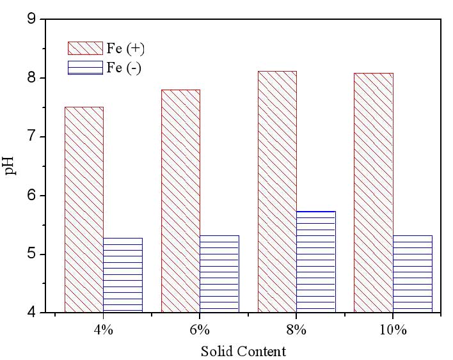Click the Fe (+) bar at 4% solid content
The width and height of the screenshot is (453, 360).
click(84, 210)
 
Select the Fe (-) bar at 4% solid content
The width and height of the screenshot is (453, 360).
click(123, 275)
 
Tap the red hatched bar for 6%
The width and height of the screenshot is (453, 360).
click(180, 201)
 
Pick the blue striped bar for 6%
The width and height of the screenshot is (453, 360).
click(219, 274)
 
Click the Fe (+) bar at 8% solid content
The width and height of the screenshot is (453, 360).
click(277, 192)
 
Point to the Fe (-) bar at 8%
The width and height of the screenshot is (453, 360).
click(316, 262)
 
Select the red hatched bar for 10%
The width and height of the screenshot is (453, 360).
click(374, 192)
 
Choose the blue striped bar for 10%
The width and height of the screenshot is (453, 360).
click(413, 274)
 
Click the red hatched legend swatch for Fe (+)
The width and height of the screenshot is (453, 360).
click(85, 48)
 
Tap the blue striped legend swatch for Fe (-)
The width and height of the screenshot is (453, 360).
click(85, 68)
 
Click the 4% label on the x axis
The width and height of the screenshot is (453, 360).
click(104, 330)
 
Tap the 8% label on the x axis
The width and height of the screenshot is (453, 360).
click(296, 330)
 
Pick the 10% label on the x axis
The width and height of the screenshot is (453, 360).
click(393, 330)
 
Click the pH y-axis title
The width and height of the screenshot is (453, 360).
click(10, 166)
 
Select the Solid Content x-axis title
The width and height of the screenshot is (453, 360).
click(243, 352)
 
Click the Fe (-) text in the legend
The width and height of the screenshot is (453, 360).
click(124, 68)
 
